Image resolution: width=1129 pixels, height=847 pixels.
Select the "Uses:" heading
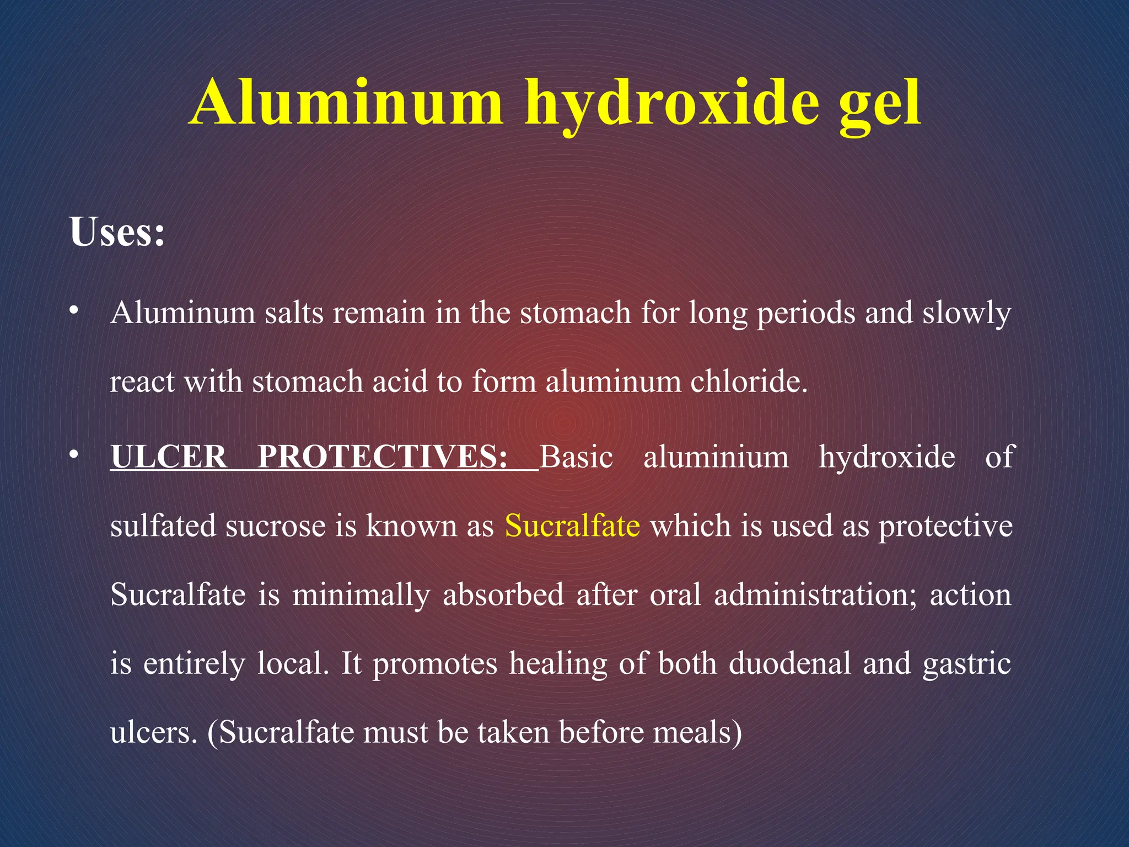click(117, 232)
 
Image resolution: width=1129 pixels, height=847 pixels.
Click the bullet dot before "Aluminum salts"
click(73, 312)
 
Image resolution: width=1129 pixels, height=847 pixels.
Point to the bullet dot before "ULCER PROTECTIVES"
click(73, 456)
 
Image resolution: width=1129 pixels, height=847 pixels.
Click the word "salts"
click(293, 313)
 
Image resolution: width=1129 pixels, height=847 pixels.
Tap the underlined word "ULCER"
click(169, 457)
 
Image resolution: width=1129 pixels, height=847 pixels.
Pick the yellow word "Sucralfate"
click(572, 526)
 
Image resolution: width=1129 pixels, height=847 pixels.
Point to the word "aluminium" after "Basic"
click(716, 457)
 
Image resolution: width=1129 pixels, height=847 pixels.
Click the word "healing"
click(558, 664)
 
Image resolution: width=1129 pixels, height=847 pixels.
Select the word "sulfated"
click(163, 526)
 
